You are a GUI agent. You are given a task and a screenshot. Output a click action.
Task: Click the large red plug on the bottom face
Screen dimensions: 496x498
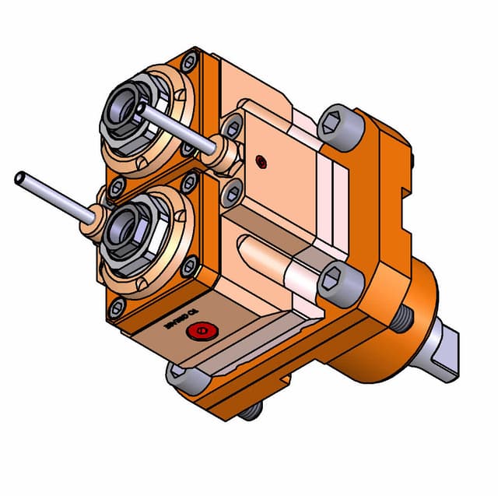(201, 332)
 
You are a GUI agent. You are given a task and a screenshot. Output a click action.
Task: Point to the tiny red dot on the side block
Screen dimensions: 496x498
(261, 162)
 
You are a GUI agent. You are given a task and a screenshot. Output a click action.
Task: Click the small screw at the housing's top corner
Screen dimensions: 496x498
(189, 61)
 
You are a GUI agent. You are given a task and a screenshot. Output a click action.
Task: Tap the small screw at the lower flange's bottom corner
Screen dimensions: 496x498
(117, 308)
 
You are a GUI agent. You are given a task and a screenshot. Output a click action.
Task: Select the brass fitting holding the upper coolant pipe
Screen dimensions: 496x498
(221, 153)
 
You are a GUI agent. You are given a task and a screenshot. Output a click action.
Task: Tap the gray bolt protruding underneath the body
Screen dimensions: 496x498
(249, 410)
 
